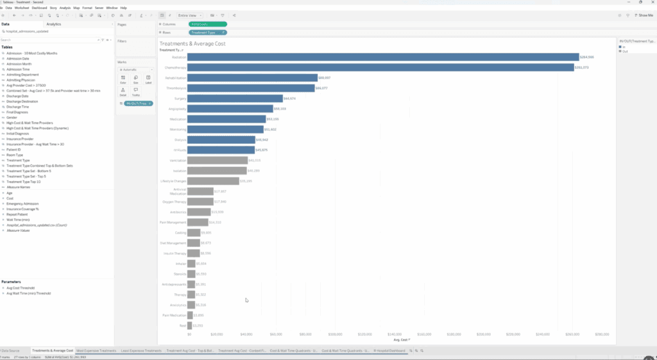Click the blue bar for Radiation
[x=382, y=57]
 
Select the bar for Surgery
[x=235, y=98]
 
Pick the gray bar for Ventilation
[x=217, y=160]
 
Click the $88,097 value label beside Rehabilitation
[x=326, y=78]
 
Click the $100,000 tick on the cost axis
[x=335, y=334]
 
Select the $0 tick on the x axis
[x=189, y=334]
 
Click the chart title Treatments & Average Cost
[x=192, y=44]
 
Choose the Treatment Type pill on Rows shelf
[x=207, y=32]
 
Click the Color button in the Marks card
[x=123, y=80]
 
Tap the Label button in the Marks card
[x=148, y=80]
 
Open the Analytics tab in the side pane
[x=54, y=24]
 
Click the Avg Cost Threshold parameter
[x=20, y=288]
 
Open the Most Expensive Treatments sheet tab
[x=96, y=351]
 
